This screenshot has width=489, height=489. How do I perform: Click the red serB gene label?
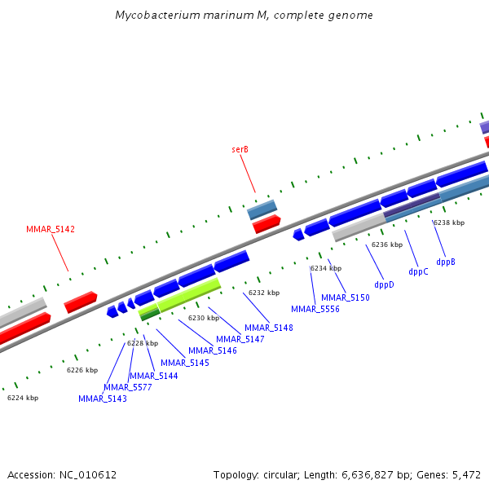click(240, 149)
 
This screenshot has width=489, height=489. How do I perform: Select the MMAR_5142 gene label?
click(51, 230)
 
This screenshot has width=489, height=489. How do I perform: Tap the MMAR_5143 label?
click(103, 399)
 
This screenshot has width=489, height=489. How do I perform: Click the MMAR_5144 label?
click(153, 376)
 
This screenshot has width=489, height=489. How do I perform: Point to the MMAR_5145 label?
click(185, 363)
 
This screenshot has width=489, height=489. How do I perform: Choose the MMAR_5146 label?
click(213, 350)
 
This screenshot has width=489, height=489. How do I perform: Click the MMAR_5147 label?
click(240, 339)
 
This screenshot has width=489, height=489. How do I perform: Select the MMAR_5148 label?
click(269, 328)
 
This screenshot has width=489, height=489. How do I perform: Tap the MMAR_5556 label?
click(315, 309)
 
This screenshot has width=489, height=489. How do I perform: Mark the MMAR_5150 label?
click(346, 297)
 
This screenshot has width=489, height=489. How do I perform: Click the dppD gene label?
click(384, 284)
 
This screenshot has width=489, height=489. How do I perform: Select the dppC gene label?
click(418, 271)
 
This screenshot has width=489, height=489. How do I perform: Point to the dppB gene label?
click(446, 262)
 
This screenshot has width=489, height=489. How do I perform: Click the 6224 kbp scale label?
click(23, 398)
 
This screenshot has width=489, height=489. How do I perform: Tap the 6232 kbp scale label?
click(264, 293)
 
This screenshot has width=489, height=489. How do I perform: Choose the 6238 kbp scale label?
click(449, 222)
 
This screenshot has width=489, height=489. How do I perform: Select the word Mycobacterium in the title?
click(152, 15)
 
